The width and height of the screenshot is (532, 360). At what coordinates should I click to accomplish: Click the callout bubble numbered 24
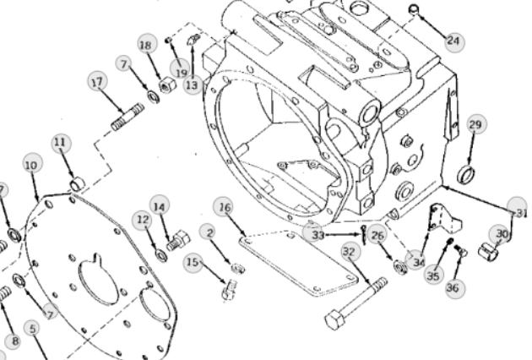tap(454, 41)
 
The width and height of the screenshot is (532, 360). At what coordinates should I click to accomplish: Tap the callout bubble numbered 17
tap(97, 81)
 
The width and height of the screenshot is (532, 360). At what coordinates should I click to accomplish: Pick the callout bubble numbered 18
tap(148, 44)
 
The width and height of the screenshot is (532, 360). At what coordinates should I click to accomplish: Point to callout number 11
tap(62, 143)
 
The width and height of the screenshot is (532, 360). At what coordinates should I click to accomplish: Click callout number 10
tap(33, 165)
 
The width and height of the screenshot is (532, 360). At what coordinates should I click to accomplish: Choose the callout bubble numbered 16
tap(224, 207)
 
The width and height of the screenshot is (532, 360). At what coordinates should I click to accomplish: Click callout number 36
tap(453, 288)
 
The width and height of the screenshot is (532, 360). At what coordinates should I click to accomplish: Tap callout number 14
tap(160, 205)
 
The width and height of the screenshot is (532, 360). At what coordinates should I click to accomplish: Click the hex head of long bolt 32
tap(335, 319)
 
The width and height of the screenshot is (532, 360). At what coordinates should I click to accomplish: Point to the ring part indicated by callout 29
tap(466, 174)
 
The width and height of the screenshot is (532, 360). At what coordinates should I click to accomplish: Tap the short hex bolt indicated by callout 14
tap(178, 241)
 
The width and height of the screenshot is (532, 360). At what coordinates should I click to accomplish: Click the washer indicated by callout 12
tap(161, 255)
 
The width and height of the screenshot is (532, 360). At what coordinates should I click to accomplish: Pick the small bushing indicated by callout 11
tap(78, 185)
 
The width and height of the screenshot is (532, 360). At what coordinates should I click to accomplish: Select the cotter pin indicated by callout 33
tap(364, 235)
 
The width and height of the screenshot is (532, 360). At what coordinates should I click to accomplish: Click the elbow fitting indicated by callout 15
tap(230, 289)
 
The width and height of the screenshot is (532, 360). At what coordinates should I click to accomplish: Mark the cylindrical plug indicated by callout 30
tap(488, 251)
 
